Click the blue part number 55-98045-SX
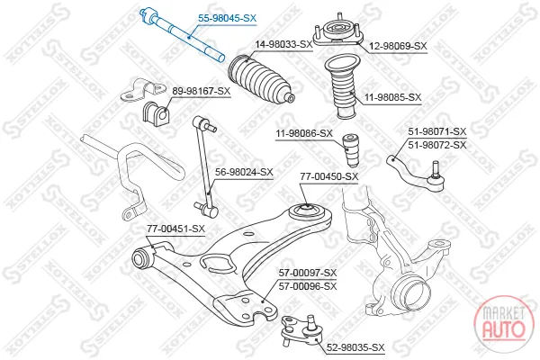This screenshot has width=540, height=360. click(228, 18)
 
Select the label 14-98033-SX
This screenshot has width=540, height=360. click(283, 44)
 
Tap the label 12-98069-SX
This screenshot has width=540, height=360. click(398, 46)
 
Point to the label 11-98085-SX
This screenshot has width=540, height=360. click(393, 97)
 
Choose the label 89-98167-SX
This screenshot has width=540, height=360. click(201, 91)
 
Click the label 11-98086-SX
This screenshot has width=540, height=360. click(304, 133)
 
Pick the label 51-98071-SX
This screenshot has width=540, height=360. click(437, 131)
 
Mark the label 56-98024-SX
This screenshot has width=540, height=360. click(244, 172)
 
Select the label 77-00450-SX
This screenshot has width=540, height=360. click(329, 176)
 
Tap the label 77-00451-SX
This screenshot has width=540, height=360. click(175, 229)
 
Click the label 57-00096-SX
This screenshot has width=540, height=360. click(308, 286)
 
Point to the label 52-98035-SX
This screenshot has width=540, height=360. click(355, 347)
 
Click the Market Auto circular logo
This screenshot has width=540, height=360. click(504, 324)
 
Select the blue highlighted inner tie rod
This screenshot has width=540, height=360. click(182, 34)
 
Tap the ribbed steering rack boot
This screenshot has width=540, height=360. click(260, 80)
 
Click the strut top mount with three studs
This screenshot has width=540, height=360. click(338, 31)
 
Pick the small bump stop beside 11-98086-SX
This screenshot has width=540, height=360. click(352, 150)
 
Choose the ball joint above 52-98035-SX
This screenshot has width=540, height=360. click(302, 330)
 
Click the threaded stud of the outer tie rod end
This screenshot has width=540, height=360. click(436, 168)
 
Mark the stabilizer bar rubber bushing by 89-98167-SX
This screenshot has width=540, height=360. click(156, 112)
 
